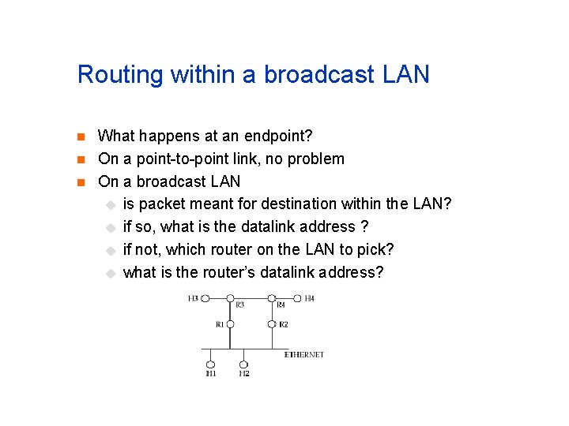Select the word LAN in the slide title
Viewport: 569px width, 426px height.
tap(405, 75)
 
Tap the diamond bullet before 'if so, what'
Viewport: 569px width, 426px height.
tap(111, 227)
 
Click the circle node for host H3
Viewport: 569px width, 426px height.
tap(205, 298)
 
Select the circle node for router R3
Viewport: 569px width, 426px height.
tap(230, 298)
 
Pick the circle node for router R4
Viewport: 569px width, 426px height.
tap(272, 298)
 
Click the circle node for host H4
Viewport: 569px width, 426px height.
tap(297, 298)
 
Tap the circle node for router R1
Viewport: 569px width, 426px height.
tap(230, 323)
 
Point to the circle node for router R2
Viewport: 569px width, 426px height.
tap(272, 323)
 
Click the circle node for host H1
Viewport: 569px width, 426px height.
tap(211, 364)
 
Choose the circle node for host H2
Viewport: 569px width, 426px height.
tap(243, 364)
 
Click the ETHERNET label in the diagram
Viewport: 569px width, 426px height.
tap(304, 355)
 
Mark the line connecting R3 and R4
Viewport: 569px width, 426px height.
tap(251, 298)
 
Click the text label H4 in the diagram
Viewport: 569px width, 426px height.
tap(310, 298)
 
